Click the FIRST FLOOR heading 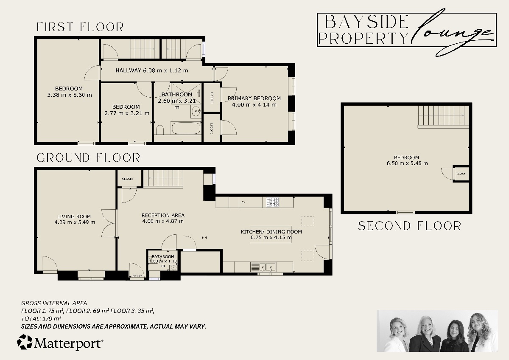[80, 27]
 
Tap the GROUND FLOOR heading [88, 158]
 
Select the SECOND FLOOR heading [409, 226]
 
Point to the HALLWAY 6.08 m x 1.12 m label [152, 70]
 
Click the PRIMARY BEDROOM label [254, 98]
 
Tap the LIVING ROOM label [75, 216]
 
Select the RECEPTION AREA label [163, 215]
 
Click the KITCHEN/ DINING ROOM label [271, 232]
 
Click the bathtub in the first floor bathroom [186, 128]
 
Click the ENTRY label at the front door [137, 276]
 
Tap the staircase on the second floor [443, 116]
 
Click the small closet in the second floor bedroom [461, 174]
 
